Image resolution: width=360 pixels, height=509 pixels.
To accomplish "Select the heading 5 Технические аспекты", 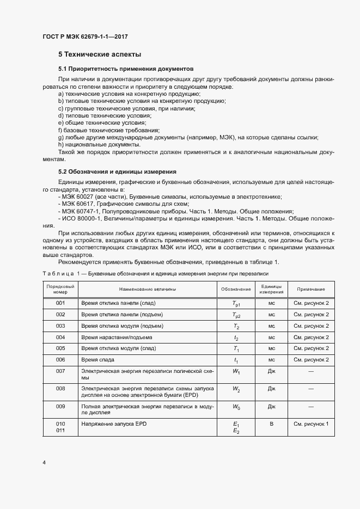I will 100,54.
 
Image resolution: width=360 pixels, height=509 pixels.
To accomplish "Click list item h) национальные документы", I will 99,144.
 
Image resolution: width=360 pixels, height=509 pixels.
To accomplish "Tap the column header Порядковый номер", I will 60,289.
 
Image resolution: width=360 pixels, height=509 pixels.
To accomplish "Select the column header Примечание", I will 311,289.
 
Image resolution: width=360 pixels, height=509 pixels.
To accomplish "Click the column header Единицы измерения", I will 271,289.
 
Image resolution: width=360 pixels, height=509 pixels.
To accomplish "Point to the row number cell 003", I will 60,326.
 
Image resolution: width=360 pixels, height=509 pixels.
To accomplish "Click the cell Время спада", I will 97,360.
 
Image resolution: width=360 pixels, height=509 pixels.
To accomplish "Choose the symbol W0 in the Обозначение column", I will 236,406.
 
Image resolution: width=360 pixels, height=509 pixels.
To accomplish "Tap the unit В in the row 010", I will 271,423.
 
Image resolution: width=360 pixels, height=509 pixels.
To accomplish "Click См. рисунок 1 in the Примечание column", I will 311,423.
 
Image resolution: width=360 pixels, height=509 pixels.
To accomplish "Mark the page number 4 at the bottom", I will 44,463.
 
